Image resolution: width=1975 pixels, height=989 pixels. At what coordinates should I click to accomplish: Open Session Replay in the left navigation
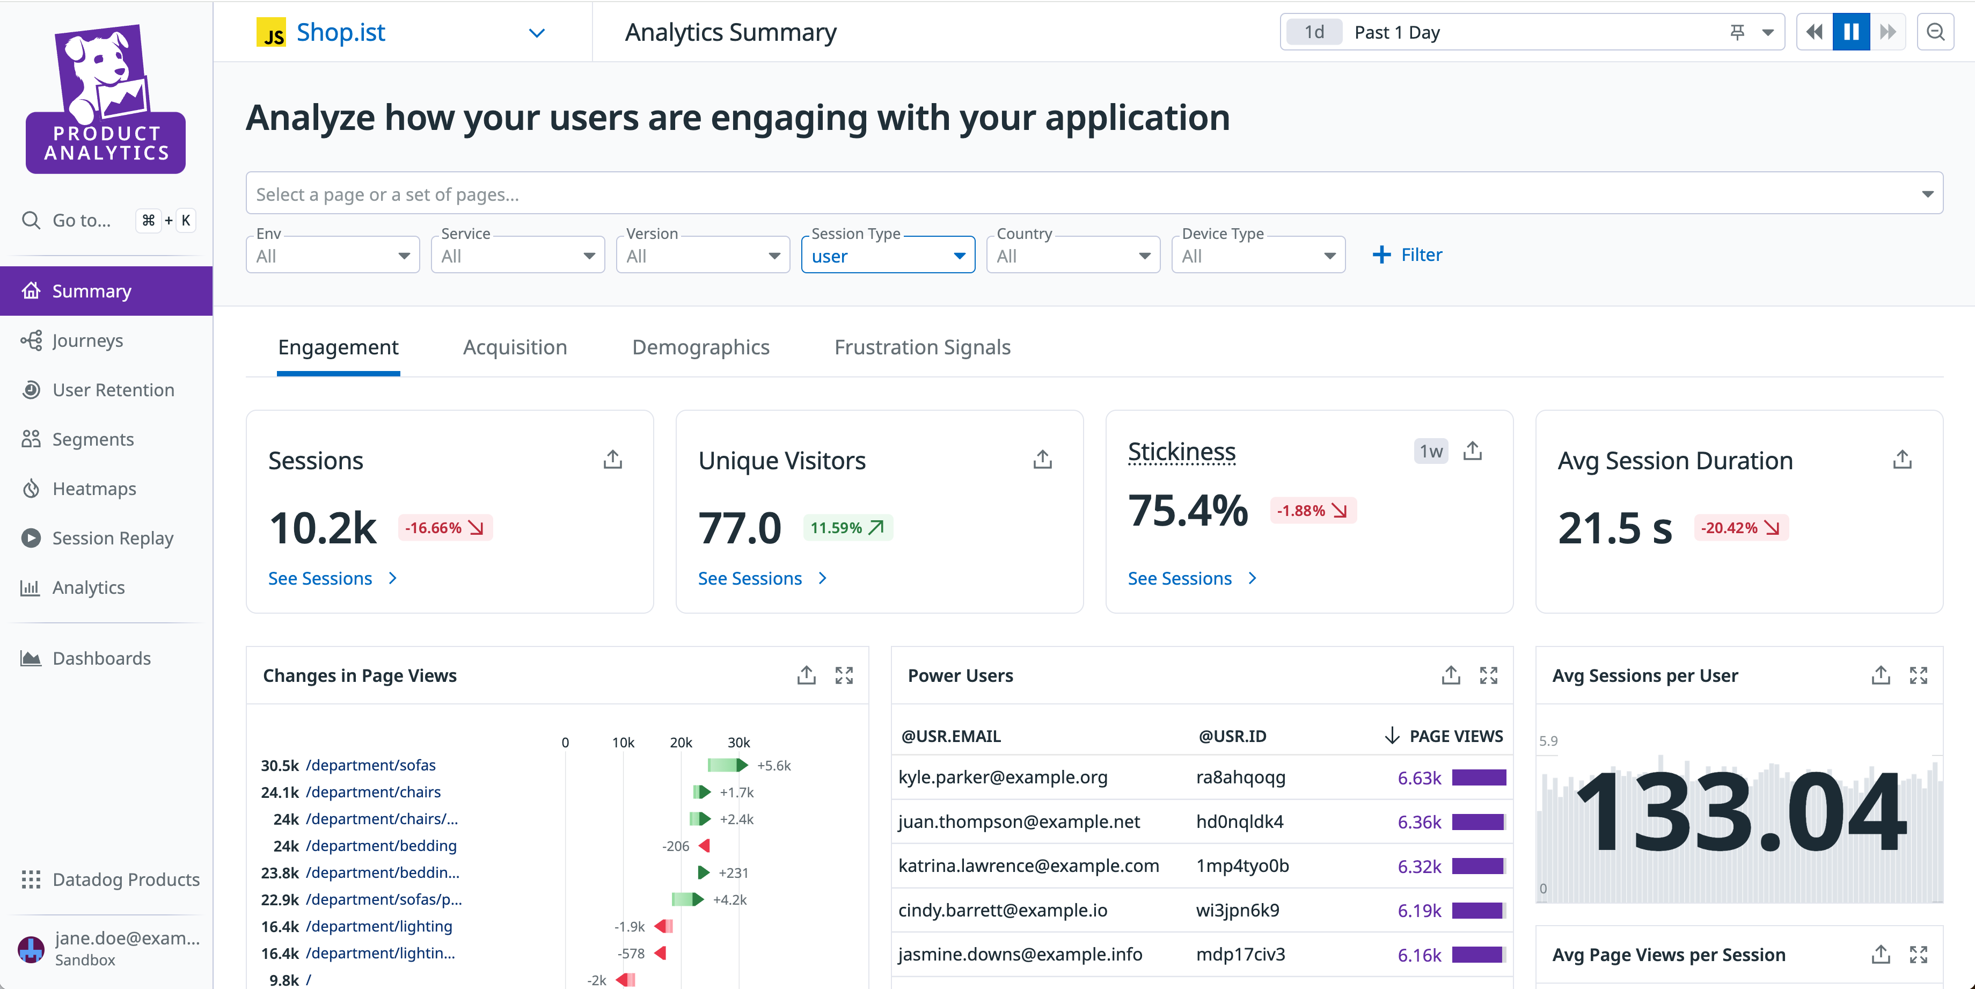[112, 539]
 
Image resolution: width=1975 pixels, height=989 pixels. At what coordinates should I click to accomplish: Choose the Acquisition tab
[515, 347]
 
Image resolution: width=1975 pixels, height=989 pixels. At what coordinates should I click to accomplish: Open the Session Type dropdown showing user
[887, 256]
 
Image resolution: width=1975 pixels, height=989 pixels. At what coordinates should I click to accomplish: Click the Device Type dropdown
[1257, 256]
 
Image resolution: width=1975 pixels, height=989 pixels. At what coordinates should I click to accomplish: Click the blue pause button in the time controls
[1851, 32]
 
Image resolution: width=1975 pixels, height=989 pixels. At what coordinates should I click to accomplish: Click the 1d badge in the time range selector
[1314, 32]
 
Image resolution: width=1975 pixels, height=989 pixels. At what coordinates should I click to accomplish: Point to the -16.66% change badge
[445, 528]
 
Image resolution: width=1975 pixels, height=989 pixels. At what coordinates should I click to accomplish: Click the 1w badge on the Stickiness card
[1430, 451]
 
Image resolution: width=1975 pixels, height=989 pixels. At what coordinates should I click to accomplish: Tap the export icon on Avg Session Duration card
[1901, 460]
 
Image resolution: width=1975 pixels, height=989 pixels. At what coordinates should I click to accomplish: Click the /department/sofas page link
[370, 765]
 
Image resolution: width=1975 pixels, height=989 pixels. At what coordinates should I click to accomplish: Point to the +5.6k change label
[773, 766]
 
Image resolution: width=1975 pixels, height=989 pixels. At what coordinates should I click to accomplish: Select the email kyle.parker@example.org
[1002, 777]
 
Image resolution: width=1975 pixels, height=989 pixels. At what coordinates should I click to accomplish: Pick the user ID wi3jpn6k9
[1238, 911]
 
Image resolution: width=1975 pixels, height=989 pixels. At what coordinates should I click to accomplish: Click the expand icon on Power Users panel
[1488, 675]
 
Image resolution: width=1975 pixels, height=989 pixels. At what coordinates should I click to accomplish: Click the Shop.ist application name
[340, 32]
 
